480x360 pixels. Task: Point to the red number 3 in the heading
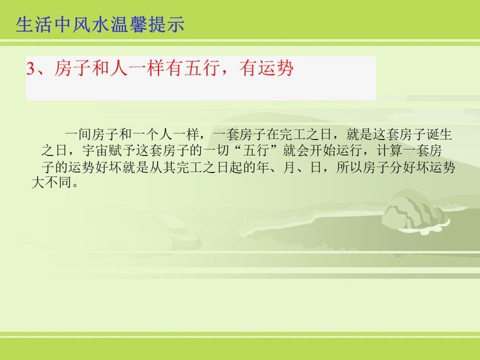click(x=30, y=69)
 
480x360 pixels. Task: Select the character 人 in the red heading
click(x=119, y=68)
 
